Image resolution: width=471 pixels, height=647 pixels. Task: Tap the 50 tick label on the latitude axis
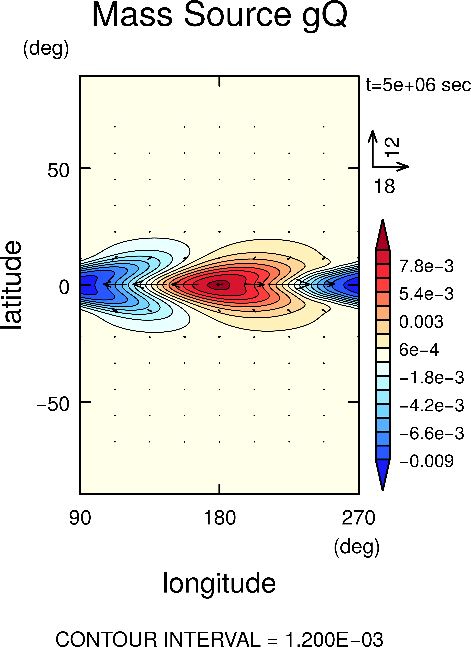pyautogui.click(x=58, y=171)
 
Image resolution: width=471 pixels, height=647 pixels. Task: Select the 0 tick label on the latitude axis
pyautogui.click(x=64, y=287)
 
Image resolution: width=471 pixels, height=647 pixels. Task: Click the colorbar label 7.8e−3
pyautogui.click(x=426, y=266)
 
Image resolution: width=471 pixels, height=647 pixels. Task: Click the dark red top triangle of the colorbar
pyautogui.click(x=383, y=237)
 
